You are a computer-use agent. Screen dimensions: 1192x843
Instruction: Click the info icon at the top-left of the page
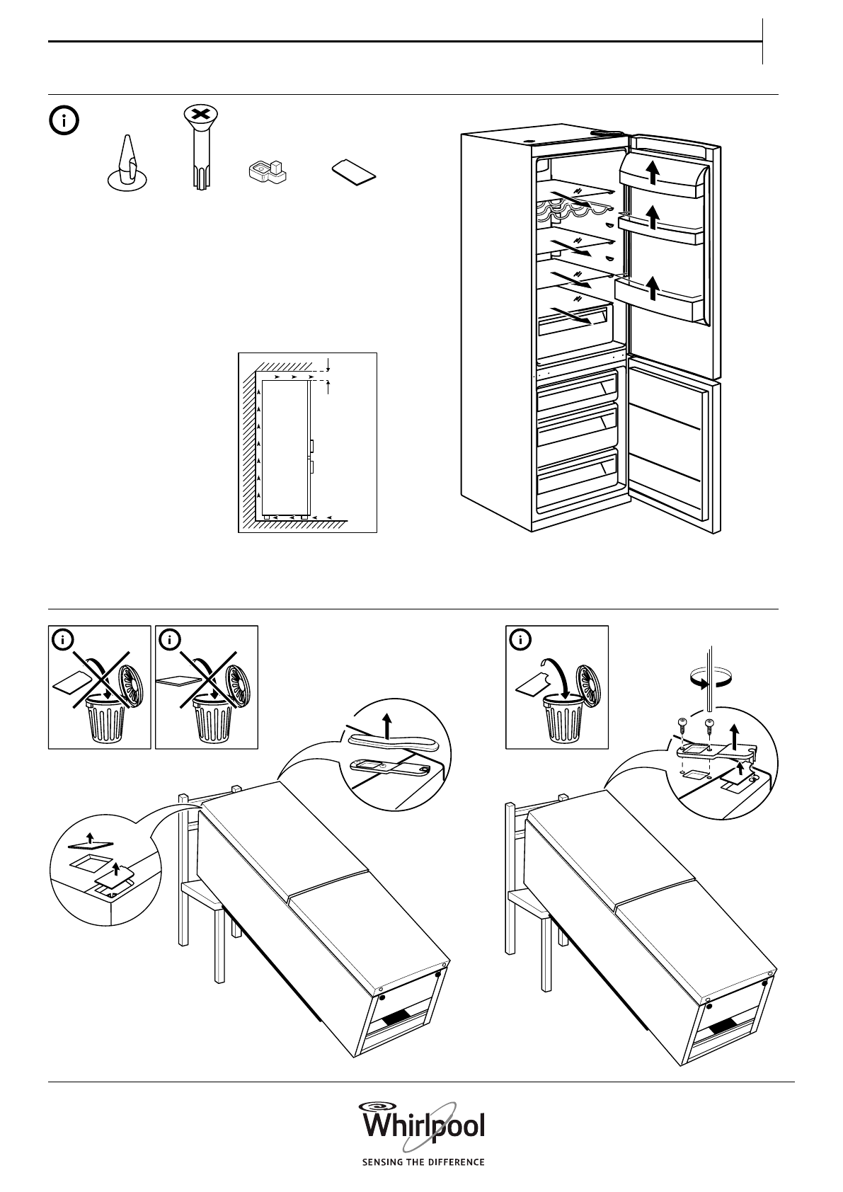(64, 121)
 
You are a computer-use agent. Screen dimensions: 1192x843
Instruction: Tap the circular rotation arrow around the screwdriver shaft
(710, 680)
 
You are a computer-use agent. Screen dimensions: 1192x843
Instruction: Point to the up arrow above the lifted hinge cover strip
(387, 726)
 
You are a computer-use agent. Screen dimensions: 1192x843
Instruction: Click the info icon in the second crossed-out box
(170, 641)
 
